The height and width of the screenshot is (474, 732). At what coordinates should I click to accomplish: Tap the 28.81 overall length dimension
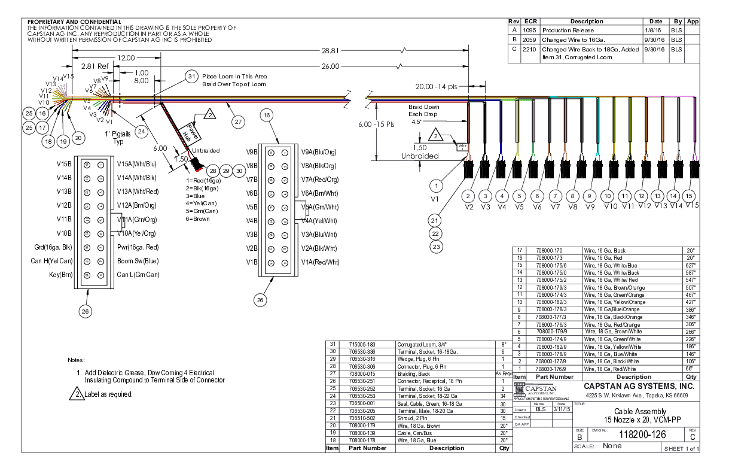[x=330, y=51]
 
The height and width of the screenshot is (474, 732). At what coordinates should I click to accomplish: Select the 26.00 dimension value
[x=330, y=66]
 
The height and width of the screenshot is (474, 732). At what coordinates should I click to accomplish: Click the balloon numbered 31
[x=191, y=77]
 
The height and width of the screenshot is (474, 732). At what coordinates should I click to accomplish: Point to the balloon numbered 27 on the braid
[x=239, y=121]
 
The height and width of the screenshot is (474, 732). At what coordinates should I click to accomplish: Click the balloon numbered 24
[x=141, y=131]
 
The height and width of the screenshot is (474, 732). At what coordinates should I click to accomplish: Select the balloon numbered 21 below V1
[x=437, y=220]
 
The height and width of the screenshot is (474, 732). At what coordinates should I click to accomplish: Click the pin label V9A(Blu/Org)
[x=319, y=152]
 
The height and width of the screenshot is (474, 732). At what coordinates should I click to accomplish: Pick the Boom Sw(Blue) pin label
[x=138, y=261]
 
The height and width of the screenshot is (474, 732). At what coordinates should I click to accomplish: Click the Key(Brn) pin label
[x=60, y=275]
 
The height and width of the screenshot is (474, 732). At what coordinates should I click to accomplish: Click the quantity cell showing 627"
[x=690, y=265]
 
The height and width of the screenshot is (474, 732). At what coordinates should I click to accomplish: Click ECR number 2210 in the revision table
[x=529, y=50]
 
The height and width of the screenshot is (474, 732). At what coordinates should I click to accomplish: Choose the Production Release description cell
[x=568, y=30]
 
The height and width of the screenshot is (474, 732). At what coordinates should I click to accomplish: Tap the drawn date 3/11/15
[x=561, y=410]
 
